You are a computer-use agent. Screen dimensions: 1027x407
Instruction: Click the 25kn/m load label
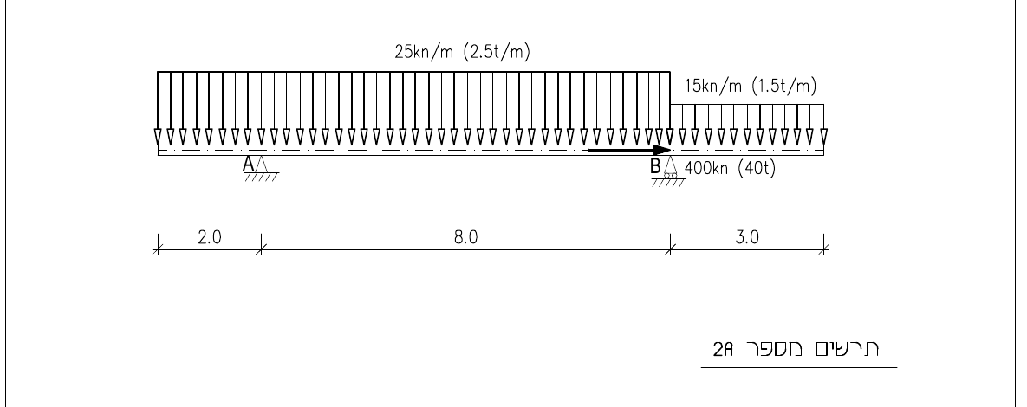425,52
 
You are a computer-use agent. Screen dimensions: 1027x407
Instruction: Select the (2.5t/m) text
497,52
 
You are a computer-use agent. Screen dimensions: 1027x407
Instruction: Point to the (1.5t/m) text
784,86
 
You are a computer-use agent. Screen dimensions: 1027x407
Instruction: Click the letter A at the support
248,165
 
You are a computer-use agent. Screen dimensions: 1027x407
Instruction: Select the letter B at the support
655,166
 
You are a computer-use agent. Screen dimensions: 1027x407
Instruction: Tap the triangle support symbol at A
261,165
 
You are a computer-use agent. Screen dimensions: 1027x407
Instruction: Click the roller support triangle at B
669,167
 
